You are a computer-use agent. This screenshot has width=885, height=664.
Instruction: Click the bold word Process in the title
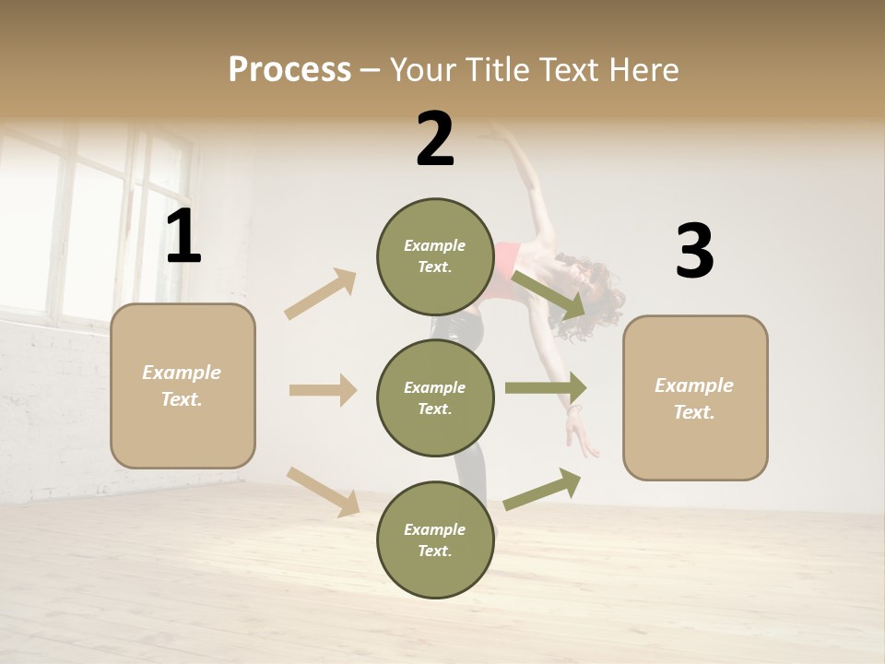tap(289, 69)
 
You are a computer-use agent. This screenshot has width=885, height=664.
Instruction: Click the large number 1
tap(183, 237)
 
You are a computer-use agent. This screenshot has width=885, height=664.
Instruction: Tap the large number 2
tap(435, 139)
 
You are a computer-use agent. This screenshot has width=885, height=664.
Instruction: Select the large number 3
tap(694, 252)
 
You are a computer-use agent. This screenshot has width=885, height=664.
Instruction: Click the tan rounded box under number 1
tap(183, 385)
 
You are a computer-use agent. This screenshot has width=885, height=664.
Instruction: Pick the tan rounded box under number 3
tap(695, 397)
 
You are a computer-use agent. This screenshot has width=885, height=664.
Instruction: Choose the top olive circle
tap(435, 256)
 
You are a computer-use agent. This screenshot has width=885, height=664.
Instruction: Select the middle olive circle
tap(435, 397)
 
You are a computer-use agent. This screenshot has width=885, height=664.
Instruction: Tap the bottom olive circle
tap(435, 539)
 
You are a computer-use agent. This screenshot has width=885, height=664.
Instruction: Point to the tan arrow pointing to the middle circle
tap(323, 390)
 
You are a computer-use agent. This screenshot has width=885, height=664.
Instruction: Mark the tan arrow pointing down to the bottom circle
tap(323, 492)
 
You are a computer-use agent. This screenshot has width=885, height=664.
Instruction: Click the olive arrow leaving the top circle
tap(549, 293)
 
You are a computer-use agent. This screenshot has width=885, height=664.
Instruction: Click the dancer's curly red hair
tap(595, 293)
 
